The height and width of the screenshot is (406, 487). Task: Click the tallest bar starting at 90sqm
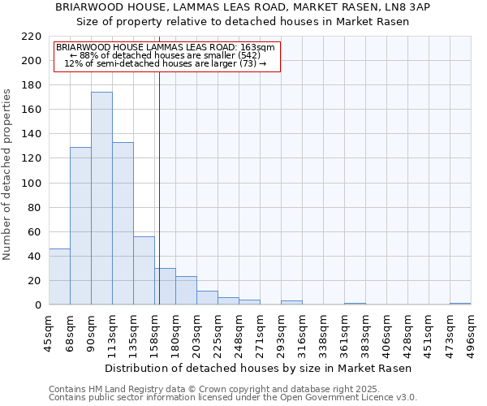pos(101,199)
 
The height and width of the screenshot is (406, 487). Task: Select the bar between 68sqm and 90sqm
pos(80,226)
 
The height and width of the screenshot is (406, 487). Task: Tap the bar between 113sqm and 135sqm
pos(123,223)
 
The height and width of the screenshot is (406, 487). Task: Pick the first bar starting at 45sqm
pos(59,277)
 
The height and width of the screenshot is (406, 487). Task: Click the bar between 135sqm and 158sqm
pos(144,270)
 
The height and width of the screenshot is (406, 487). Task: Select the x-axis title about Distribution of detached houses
pos(259,368)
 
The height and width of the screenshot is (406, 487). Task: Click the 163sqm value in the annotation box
pos(261,47)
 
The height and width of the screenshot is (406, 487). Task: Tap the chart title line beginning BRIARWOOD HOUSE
pos(243,6)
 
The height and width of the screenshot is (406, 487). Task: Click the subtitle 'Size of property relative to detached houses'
pos(243,21)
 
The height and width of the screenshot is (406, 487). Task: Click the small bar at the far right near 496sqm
pos(460,304)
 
